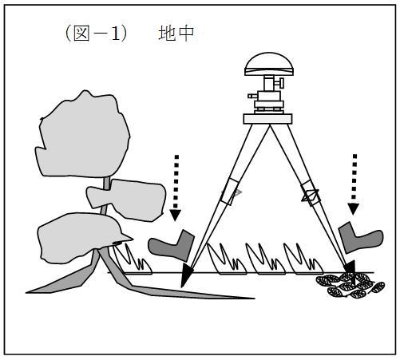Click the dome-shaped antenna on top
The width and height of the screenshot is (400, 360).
pos(269,64)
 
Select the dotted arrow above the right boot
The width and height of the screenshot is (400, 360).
pos(354,184)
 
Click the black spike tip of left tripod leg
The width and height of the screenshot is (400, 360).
pos(187,275)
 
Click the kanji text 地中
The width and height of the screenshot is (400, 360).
pos(176,34)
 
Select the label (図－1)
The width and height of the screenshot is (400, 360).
pos(96,34)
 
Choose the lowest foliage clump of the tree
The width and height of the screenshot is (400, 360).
pos(80,237)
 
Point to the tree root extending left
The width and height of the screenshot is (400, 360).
pos(66,282)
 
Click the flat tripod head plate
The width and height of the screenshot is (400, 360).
pos(267,119)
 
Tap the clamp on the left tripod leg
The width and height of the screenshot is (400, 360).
pos(230,192)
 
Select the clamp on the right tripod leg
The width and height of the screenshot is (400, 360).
pos(311,193)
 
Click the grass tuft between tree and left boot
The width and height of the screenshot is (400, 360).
pos(133,260)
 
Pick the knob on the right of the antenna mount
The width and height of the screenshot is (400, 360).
pos(280,82)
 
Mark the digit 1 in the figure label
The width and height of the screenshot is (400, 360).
pos(116,34)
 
